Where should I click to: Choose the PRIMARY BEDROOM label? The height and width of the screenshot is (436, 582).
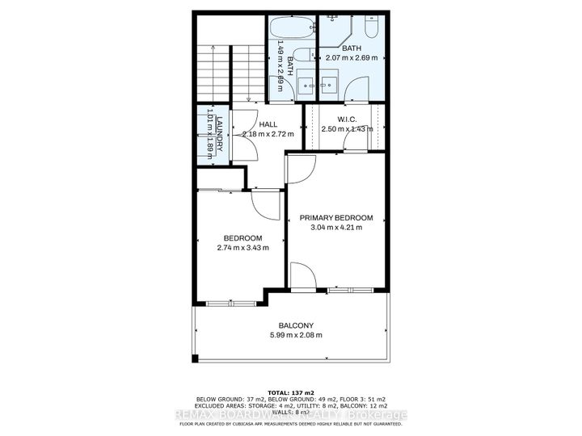point(336,218)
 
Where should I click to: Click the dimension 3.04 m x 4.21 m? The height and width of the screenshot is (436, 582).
point(336,228)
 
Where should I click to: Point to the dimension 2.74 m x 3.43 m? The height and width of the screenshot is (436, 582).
point(242,248)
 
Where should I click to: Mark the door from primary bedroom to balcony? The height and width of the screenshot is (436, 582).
point(304,276)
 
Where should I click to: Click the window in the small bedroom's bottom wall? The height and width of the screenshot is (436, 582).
point(219,304)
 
